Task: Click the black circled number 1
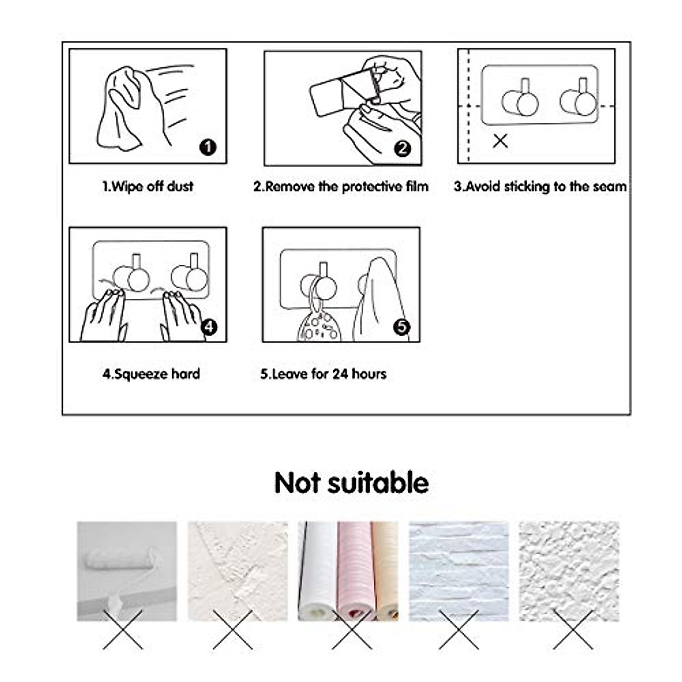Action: pyautogui.click(x=208, y=147)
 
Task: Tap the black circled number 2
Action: pyautogui.click(x=402, y=148)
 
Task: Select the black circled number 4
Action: pyautogui.click(x=209, y=327)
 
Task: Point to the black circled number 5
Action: pyautogui.click(x=402, y=327)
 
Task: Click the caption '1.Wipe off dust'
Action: pyautogui.click(x=148, y=186)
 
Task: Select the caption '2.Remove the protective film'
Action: pyautogui.click(x=341, y=186)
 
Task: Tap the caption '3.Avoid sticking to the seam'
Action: pyautogui.click(x=540, y=186)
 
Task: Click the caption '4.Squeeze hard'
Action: pyautogui.click(x=151, y=374)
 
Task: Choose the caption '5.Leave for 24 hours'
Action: pyautogui.click(x=323, y=374)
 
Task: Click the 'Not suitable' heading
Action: pyautogui.click(x=351, y=483)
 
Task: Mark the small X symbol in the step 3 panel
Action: pyautogui.click(x=500, y=141)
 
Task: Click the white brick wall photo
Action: pyautogui.click(x=458, y=571)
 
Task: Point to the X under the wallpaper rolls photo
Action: pyautogui.click(x=352, y=630)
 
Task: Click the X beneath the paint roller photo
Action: pyautogui.click(x=123, y=630)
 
